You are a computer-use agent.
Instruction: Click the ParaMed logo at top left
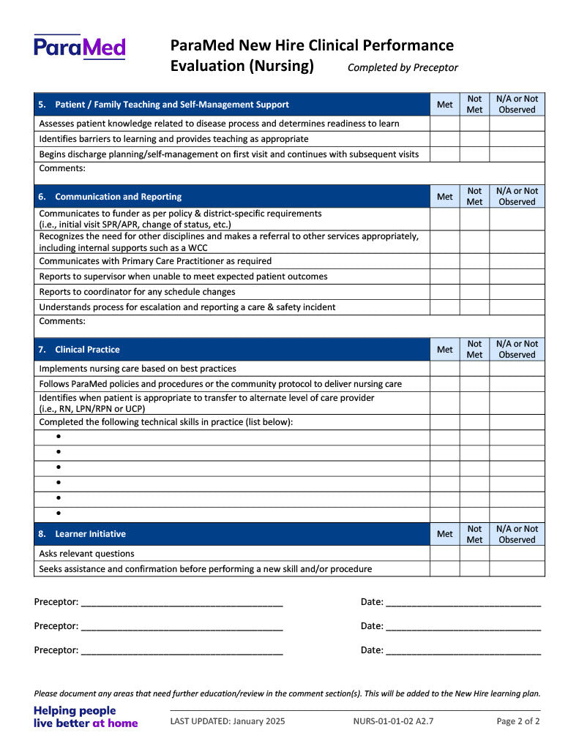pos(79,47)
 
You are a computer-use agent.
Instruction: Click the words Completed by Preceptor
pos(403,67)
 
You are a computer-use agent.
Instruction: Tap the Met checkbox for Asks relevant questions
pos(444,554)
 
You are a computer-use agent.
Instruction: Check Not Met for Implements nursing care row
pos(474,369)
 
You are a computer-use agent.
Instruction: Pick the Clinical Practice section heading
pos(87,350)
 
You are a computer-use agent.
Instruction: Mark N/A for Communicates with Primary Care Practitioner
pos(517,261)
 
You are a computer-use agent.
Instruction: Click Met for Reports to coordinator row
pos(444,292)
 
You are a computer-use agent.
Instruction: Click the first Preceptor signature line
pos(182,603)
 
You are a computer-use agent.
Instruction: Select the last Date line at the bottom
pos(463,651)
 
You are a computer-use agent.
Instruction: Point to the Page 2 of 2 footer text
pos(518,721)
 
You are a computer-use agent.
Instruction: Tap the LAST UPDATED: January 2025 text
pos(228,721)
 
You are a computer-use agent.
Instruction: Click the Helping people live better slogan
pos(86,717)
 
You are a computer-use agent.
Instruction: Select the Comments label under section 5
pos(62,168)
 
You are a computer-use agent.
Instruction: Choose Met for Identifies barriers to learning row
pos(444,139)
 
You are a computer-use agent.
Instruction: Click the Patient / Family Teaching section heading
pos(171,105)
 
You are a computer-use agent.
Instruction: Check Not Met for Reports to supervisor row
pos(474,276)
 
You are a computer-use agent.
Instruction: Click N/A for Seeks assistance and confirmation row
pos(517,569)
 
